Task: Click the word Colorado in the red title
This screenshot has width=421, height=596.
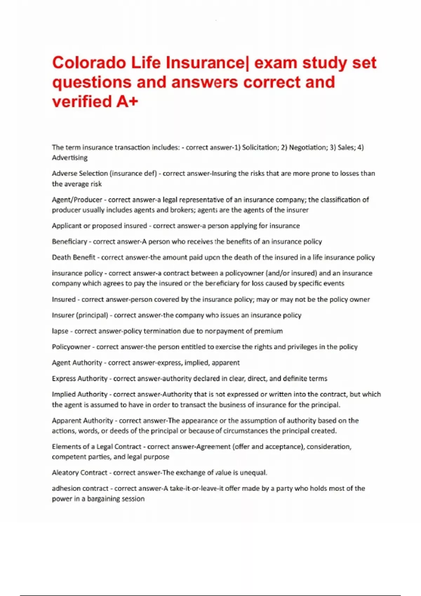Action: pyautogui.click(x=89, y=63)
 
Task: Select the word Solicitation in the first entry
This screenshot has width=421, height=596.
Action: pyautogui.click(x=260, y=147)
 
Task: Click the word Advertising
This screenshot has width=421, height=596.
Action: pyautogui.click(x=70, y=158)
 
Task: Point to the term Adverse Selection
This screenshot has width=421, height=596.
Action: pyautogui.click(x=80, y=174)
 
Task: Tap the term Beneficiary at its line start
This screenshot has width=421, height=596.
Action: pyautogui.click(x=69, y=242)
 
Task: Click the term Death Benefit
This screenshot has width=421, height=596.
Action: pyautogui.click(x=74, y=257)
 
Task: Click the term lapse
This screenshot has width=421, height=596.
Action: pyautogui.click(x=60, y=331)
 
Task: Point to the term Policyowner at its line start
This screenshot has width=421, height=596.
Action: pyautogui.click(x=71, y=347)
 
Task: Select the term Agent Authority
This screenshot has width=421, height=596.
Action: pyautogui.click(x=77, y=363)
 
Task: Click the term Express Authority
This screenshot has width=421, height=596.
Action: pyautogui.click(x=80, y=378)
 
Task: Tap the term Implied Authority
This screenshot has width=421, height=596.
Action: pyautogui.click(x=80, y=394)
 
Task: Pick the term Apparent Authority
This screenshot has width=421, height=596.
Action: pyautogui.click(x=82, y=420)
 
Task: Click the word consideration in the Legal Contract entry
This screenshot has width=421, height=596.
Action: pyautogui.click(x=329, y=447)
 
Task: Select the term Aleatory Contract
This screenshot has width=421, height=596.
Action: pyautogui.click(x=80, y=473)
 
